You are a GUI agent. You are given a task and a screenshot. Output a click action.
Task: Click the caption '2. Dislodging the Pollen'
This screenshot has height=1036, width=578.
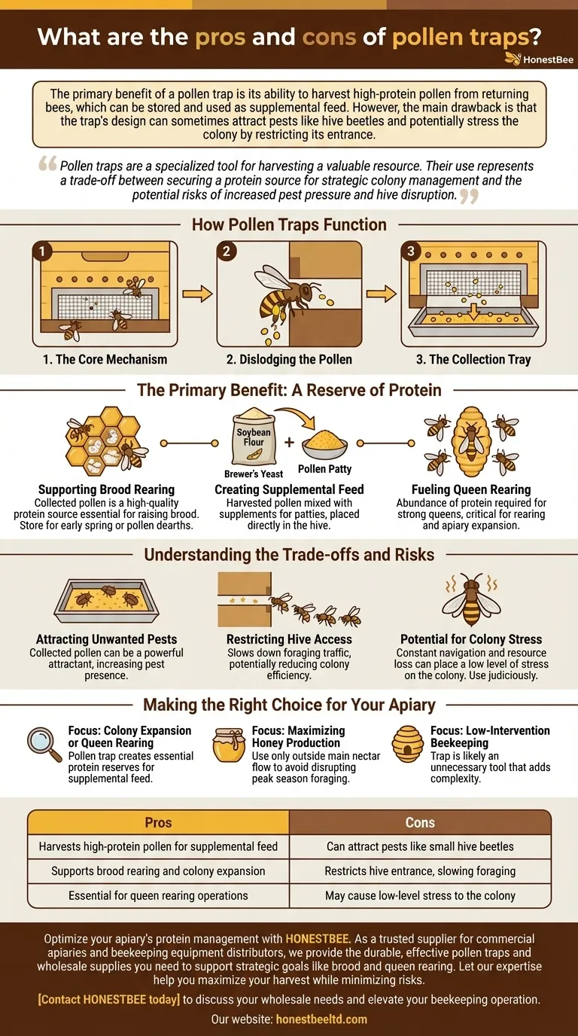289,359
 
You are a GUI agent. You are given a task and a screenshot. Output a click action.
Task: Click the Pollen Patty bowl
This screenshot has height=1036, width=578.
324,445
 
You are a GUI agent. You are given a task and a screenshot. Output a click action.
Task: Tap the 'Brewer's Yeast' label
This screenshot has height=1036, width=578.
254,474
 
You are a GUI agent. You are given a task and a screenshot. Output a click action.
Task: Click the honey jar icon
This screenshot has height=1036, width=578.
229,745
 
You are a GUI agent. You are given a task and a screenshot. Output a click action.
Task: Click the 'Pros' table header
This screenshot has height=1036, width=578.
158,823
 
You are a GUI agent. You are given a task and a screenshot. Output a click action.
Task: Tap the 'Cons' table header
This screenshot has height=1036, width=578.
420,823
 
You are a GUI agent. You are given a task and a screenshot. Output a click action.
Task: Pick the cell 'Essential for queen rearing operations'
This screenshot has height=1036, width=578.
158,896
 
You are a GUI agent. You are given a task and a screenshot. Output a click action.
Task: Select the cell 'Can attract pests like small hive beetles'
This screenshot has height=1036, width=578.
420,846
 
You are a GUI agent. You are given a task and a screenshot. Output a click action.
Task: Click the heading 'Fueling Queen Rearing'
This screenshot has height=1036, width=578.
471,489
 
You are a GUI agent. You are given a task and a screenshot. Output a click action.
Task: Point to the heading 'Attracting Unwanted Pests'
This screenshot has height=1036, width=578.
106,639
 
